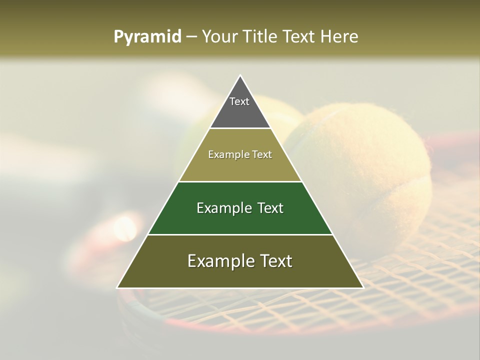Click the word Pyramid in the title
pyautogui.click(x=147, y=37)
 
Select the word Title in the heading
pyautogui.click(x=261, y=37)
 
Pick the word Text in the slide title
pyautogui.click(x=299, y=37)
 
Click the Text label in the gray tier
pyautogui.click(x=239, y=101)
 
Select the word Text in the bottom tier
pyautogui.click(x=275, y=261)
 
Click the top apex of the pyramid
pyautogui.click(x=240, y=76)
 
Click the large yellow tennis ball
pyautogui.click(x=370, y=165)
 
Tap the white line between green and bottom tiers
pyautogui.click(x=240, y=234)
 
